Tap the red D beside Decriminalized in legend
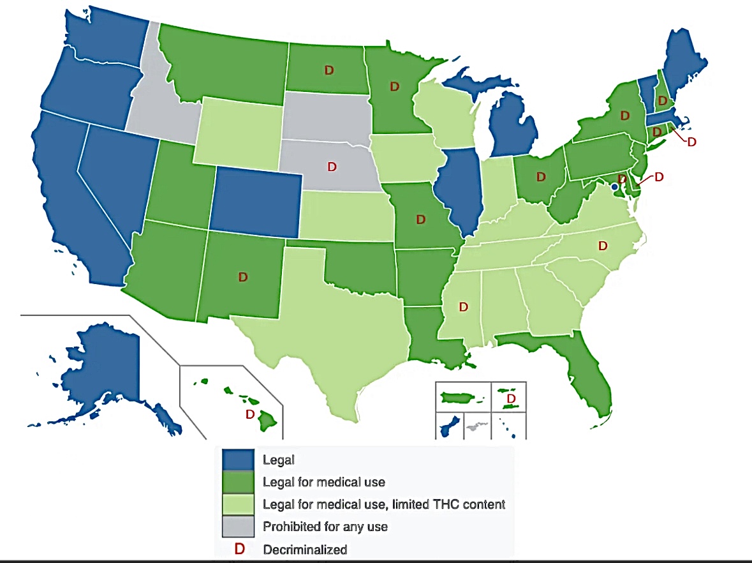239,549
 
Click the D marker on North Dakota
329,70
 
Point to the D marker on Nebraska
331,167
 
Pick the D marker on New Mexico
242,277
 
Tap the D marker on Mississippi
464,307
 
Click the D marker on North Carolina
602,244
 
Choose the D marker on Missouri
420,220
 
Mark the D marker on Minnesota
394,86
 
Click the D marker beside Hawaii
250,414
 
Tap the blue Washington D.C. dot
614,187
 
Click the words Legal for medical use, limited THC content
383,504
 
